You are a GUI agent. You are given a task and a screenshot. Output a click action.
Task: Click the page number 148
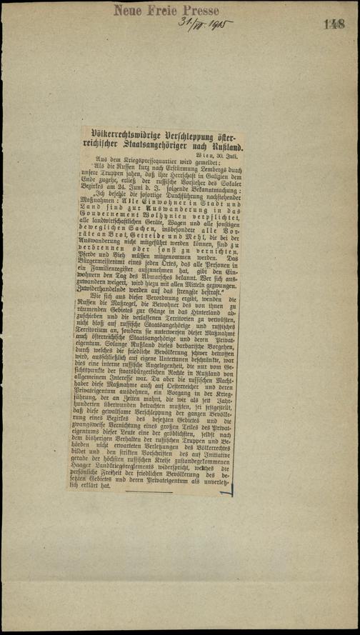333,24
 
